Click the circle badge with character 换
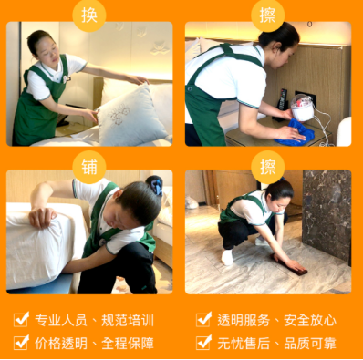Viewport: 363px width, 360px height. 89,15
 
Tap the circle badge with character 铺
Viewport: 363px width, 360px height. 89,167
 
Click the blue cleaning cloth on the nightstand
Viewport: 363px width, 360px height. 295,132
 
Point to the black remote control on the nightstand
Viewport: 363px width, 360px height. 282,99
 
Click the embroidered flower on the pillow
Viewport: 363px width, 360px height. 119,115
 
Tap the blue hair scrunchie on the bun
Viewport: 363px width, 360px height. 157,186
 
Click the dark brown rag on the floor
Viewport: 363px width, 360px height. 290,265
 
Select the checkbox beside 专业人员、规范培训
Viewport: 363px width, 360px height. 21,319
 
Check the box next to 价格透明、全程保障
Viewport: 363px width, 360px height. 21,343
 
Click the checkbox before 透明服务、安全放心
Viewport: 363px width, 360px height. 203,319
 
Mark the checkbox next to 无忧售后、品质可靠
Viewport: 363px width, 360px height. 203,343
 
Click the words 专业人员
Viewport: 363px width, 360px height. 61,320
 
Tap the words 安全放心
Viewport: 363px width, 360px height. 310,320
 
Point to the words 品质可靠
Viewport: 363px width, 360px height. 310,344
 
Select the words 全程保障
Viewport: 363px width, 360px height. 128,344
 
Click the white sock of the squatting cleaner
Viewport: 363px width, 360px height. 227,257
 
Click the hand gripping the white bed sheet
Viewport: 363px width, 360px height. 42,218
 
